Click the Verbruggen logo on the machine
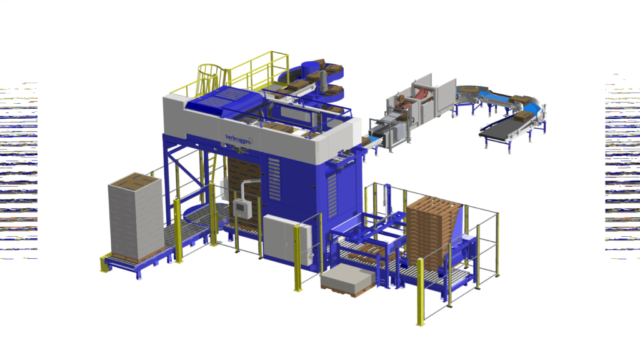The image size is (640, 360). (x=239, y=139)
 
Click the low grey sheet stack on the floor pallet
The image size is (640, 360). (x=347, y=279)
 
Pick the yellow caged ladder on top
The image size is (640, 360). (x=211, y=79)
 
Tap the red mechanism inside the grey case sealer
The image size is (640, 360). (x=423, y=96)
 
